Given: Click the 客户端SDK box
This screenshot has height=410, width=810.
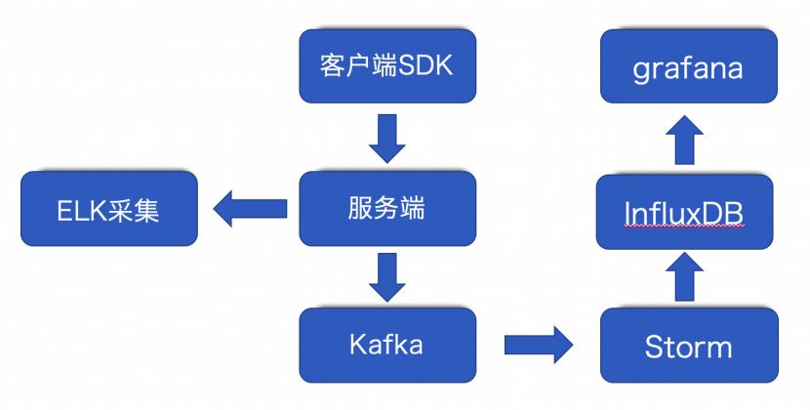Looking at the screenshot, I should click(x=387, y=66).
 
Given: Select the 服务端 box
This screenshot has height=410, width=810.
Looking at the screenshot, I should click(x=387, y=209).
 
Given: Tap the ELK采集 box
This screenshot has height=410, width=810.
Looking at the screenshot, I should click(x=108, y=209).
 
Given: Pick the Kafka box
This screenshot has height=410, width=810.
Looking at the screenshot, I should click(x=387, y=344).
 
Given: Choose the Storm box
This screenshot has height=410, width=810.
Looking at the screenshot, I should click(x=688, y=347).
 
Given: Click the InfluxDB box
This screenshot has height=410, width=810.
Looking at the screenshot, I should click(x=688, y=209).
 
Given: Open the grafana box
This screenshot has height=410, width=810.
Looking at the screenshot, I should click(x=688, y=66).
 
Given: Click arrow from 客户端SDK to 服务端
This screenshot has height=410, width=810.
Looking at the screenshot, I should click(x=387, y=139).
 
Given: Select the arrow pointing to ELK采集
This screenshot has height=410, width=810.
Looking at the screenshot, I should click(x=250, y=208).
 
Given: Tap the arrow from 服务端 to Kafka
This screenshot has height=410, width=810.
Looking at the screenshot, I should click(x=387, y=276).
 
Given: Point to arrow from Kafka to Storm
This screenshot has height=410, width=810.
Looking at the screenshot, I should click(x=540, y=344).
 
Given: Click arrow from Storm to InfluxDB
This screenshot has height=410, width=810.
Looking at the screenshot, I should click(x=688, y=277).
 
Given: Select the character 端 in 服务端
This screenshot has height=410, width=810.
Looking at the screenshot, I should click(x=413, y=209).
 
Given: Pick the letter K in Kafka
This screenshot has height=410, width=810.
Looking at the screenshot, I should click(x=356, y=344).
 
